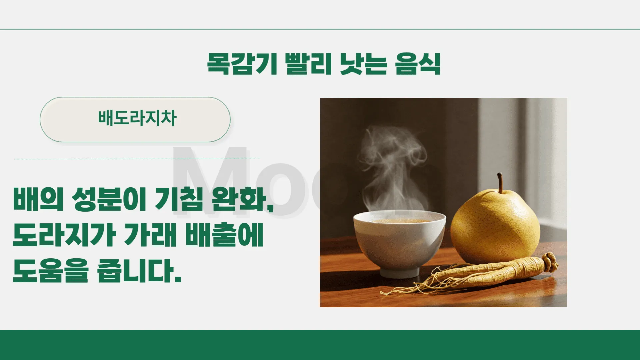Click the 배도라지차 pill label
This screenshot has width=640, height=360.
click(x=137, y=119)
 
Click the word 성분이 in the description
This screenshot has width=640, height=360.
click(x=109, y=199)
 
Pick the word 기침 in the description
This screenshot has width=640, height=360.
click(x=179, y=199)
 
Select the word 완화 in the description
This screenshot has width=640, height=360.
click(x=239, y=199)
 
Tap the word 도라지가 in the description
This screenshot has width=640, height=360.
click(x=64, y=235)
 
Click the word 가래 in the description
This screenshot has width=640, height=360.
click(x=150, y=235)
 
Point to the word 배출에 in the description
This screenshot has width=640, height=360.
click(x=224, y=235)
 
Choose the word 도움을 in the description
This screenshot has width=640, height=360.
click(x=51, y=271)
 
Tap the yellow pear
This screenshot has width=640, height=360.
click(x=495, y=227)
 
